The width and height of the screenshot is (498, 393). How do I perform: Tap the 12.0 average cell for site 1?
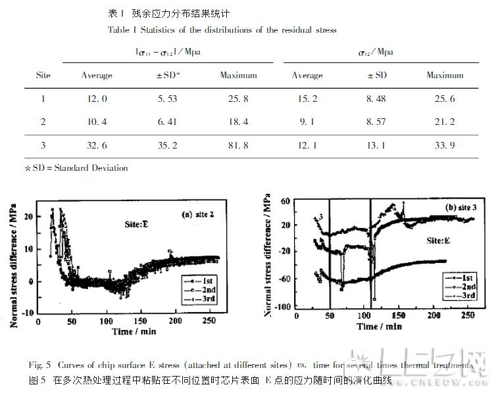96,99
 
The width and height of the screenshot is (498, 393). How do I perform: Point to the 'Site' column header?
43,76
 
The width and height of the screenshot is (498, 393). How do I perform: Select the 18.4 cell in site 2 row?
237,122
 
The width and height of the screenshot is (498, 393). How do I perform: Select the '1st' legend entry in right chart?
459,278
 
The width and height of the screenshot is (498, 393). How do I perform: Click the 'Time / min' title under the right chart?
380,326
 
